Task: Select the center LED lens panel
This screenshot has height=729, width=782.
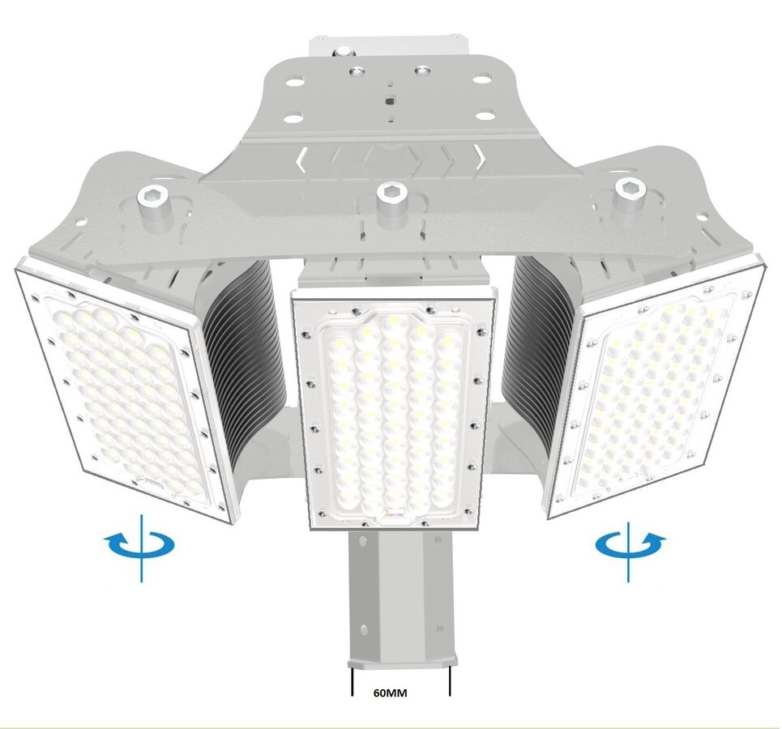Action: (392, 417)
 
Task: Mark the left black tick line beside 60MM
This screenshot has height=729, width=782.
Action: (353, 680)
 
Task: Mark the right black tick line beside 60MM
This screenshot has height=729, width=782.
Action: (449, 680)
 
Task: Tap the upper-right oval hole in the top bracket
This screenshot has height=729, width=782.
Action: (481, 79)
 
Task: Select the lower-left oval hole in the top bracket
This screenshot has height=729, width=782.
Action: (293, 117)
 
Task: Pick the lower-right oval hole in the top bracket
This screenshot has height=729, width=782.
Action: (485, 116)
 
